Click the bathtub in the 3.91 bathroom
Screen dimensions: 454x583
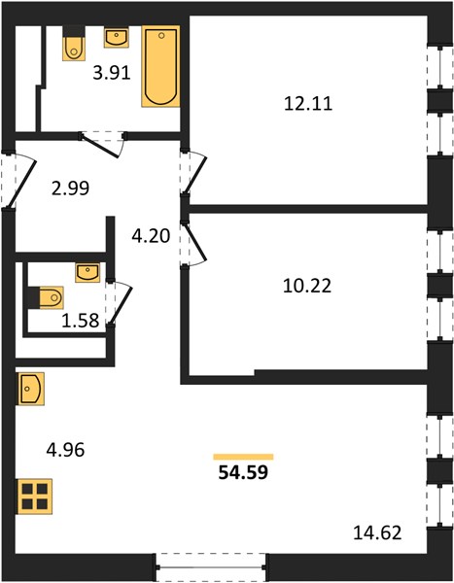pos(160,66)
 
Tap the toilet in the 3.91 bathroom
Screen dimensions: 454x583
pos(74,43)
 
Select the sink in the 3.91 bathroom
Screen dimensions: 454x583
pos(117,38)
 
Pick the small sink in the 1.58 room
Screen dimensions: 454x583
pos(87,272)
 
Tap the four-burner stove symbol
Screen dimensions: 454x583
pos(34,496)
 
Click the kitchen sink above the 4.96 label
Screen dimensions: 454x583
pos(30,389)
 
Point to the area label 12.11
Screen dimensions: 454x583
pos(308,103)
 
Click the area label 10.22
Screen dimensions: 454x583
pos(307,286)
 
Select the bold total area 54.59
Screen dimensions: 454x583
pos(243,472)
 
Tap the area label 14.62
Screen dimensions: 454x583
pos(377,532)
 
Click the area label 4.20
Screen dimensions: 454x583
pos(151,236)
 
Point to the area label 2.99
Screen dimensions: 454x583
pos(70,189)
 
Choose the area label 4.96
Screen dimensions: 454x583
pos(65,450)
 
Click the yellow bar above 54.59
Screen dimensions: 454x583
pos(243,457)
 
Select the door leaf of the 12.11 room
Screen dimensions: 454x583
pos(195,174)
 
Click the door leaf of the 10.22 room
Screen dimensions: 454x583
pos(195,242)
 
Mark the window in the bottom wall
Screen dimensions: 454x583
pos(211,567)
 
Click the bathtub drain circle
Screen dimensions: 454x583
pos(161,36)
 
